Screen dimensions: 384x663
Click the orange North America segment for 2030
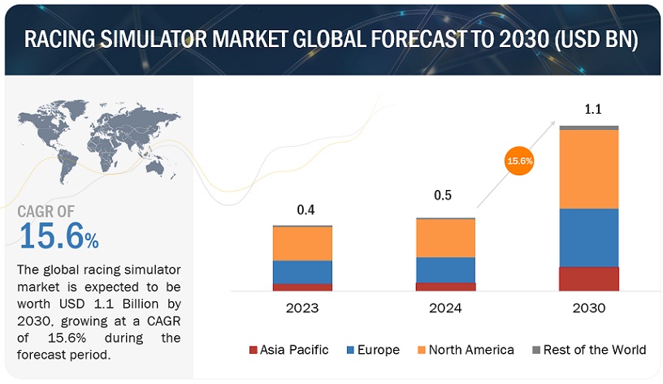pyautogui.click(x=588, y=169)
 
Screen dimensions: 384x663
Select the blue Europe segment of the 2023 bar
pyautogui.click(x=302, y=272)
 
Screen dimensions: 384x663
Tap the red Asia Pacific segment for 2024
pyautogui.click(x=445, y=287)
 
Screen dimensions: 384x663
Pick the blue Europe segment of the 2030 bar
pyautogui.click(x=588, y=237)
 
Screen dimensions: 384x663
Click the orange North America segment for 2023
pyautogui.click(x=302, y=243)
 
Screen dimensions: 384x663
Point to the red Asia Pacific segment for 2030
pyautogui.click(x=588, y=278)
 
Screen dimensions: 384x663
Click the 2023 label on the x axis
pyautogui.click(x=302, y=308)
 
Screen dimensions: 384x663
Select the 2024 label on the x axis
pyautogui.click(x=445, y=308)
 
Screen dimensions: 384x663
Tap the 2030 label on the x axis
pyautogui.click(x=588, y=308)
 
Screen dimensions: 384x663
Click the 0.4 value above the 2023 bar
pyautogui.click(x=305, y=210)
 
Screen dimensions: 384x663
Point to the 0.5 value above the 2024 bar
pyautogui.click(x=443, y=196)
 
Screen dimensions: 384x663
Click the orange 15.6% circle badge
pyautogui.click(x=520, y=161)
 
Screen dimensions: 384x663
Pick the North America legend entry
pyautogui.click(x=469, y=350)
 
